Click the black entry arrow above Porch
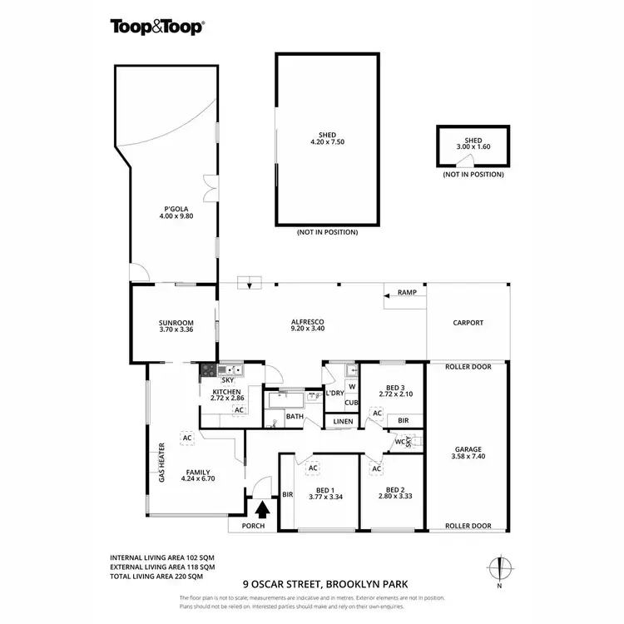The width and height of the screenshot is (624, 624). click(263, 508)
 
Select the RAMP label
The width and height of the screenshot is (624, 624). click(407, 293)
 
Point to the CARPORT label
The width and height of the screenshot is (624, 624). click(468, 323)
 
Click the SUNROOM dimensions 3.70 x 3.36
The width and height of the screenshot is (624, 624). click(176, 330)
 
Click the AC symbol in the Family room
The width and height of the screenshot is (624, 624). click(187, 437)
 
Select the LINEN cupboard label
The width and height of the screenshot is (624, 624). click(343, 422)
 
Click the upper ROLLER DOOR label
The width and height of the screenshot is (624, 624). click(468, 366)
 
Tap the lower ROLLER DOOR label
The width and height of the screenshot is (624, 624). click(468, 526)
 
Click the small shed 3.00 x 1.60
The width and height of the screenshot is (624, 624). click(473, 146)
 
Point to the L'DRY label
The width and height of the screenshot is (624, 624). click(334, 393)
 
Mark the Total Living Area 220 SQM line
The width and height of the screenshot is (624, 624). click(156, 576)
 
